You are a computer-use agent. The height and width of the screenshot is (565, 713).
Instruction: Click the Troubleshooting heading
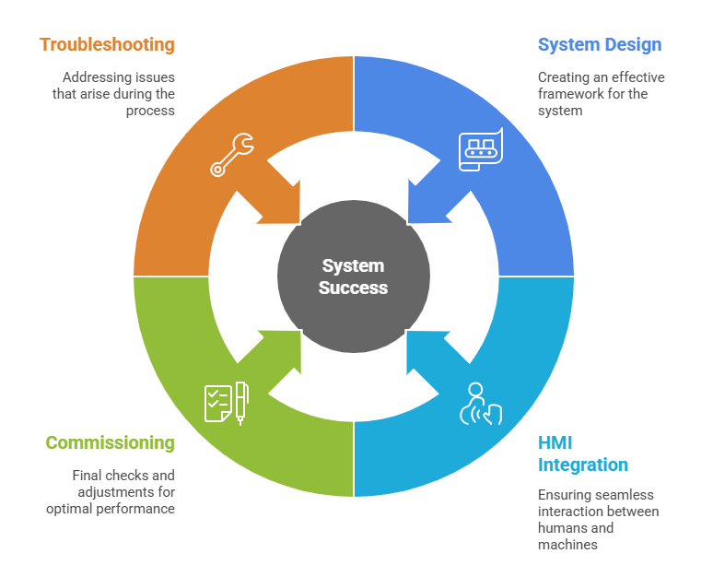point(107,44)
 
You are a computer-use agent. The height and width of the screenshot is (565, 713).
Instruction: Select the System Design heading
point(600,44)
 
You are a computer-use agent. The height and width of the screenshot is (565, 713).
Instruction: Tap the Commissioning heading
point(111,442)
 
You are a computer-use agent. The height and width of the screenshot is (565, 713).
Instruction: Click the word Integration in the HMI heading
point(583,465)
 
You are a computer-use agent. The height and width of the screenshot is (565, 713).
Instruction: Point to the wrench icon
point(231,155)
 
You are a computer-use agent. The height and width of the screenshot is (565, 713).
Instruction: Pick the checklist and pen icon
point(227,402)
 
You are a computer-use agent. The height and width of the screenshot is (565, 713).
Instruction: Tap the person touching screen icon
point(479,404)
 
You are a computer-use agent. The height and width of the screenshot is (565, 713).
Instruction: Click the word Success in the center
point(354,288)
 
